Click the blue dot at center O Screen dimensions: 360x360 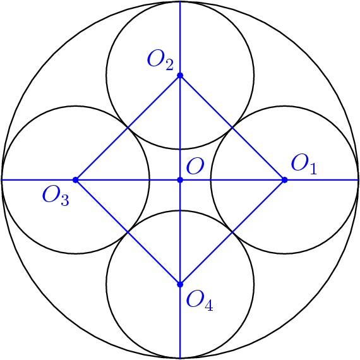tap(180, 180)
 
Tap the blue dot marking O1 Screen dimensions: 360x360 tap(284, 180)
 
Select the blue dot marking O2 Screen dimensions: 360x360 tap(180, 75)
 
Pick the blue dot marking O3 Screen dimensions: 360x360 tap(75, 180)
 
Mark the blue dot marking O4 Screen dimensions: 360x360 tap(180, 284)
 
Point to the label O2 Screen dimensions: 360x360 tap(160, 60)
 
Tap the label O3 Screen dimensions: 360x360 tap(56, 196)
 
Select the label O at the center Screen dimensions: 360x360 tap(195, 166)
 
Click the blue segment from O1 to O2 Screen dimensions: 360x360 tap(232, 128)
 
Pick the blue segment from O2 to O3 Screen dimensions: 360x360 tap(128, 128)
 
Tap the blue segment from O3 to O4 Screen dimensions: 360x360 tap(128, 232)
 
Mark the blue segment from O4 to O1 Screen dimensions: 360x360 tap(232, 232)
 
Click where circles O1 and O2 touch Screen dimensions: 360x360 tap(232, 128)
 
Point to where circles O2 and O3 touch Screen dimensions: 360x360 tap(128, 128)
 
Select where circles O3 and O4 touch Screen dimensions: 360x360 tap(128, 232)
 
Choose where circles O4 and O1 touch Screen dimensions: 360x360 tap(232, 232)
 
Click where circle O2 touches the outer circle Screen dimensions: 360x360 tap(180, 2)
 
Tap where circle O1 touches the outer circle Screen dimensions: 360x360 tap(358, 180)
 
